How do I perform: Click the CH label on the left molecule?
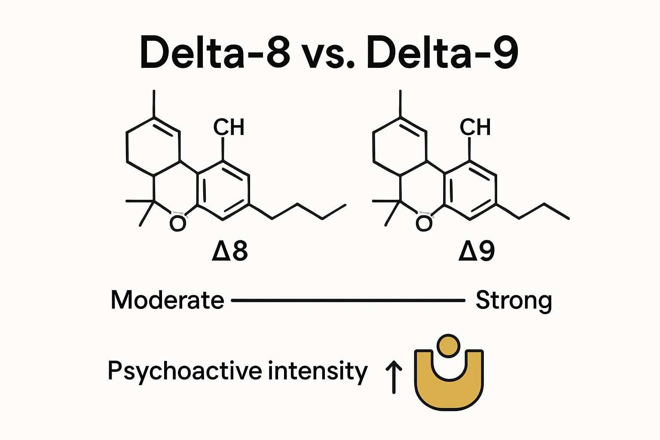pos(229,127)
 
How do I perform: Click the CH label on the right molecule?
pos(475,127)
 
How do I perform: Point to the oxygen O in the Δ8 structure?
pos(177,223)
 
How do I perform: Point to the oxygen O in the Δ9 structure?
pos(424,223)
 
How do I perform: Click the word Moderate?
pos(167,300)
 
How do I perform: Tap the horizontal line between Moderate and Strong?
pos(348,300)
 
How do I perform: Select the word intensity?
pos(318,371)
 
